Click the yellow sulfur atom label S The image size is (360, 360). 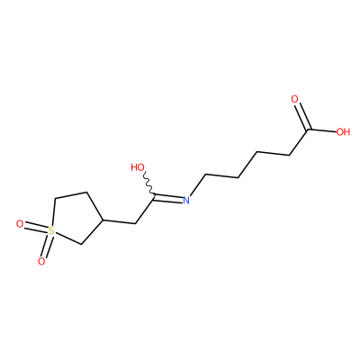(51, 231)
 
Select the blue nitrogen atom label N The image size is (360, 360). (186, 200)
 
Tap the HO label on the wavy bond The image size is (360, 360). (138, 167)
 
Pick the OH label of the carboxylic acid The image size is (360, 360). (343, 131)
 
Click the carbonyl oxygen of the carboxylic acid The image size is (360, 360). (295, 99)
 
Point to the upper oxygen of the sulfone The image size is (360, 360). (20, 224)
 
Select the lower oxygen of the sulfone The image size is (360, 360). (41, 262)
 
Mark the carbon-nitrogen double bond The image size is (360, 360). (168, 198)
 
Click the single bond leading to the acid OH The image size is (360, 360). (322, 130)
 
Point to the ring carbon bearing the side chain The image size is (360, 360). (103, 220)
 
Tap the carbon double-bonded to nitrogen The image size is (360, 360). (154, 196)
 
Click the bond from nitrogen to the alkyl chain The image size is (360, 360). (198, 184)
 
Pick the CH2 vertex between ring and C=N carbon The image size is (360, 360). (135, 223)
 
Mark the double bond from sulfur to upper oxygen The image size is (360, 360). (36, 228)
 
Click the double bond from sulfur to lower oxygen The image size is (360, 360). (47, 247)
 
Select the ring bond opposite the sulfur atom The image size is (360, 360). (94, 206)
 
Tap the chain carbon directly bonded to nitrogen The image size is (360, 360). (206, 174)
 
